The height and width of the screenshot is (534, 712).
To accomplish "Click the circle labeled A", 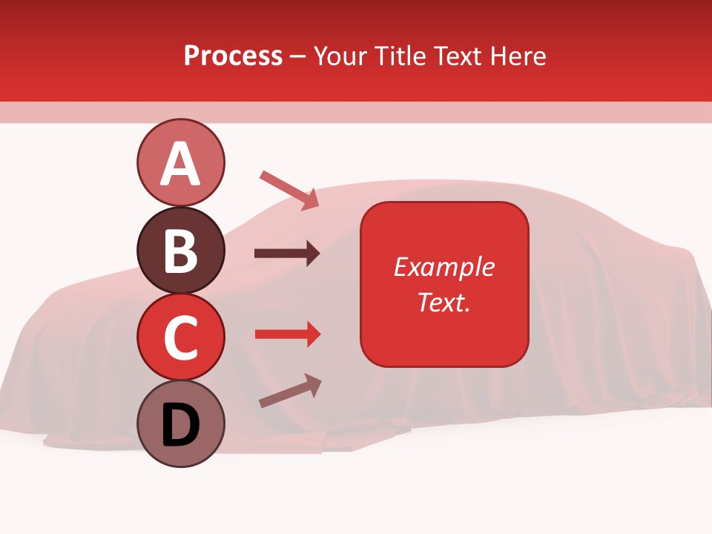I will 180,162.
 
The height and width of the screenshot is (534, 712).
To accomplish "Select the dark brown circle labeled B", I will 180,250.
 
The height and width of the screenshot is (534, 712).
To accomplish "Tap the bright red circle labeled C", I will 180,337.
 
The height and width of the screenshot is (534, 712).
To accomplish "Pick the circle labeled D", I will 180,424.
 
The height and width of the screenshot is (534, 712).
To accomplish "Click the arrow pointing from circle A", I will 289,190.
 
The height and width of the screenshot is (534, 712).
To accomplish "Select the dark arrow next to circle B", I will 287,254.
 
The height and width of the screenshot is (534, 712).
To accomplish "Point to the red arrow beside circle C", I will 287,334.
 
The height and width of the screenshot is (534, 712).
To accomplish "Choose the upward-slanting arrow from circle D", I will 290,390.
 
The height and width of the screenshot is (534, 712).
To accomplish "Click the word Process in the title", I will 233,56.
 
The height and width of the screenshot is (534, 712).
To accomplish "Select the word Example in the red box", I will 444,267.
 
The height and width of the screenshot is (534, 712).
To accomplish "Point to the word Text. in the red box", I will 444,302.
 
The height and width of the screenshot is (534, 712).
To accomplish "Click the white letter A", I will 180,164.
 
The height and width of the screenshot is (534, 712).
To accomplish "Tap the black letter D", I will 180,426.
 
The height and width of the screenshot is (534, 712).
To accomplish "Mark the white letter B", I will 180,251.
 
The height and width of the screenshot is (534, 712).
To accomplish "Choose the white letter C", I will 180,338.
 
